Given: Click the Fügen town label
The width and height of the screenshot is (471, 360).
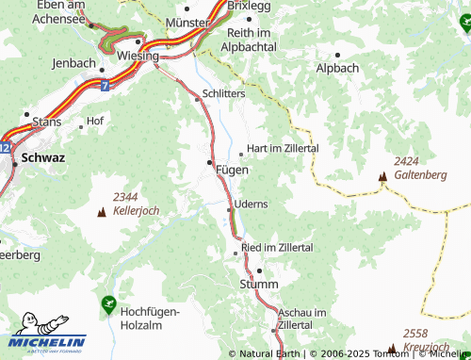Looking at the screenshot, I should [232, 170].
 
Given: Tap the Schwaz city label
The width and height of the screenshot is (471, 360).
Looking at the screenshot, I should [43, 157].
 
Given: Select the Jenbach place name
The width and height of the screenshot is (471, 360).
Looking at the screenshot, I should [74, 63].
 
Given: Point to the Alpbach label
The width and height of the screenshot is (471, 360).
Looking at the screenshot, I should [337, 69].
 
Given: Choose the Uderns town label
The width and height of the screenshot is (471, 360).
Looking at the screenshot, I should [251, 204].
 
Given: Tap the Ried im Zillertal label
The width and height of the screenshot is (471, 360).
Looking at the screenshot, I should [277, 247].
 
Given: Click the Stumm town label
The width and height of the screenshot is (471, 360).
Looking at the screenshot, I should [259, 284].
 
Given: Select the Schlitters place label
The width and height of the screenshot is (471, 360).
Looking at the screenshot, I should [226, 96].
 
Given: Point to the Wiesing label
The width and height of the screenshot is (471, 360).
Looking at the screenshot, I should [138, 56].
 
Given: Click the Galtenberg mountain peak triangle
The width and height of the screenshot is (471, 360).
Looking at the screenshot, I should [383, 176].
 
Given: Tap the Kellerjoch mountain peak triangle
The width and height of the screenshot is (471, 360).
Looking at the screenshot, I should [102, 212].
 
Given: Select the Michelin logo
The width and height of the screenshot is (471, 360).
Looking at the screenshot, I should [48, 334].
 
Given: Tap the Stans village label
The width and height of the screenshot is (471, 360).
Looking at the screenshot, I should [46, 122].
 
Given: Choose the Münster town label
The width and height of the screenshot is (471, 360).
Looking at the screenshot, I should [185, 21].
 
